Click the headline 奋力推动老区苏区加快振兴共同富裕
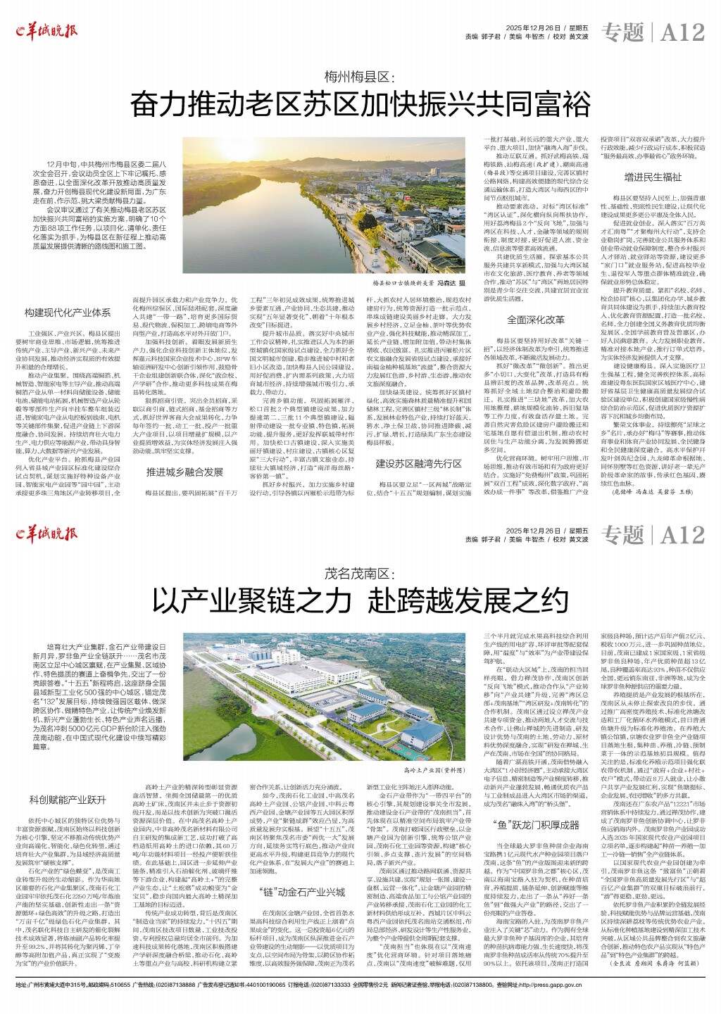[x=360, y=106]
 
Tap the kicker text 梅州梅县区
[x=360, y=75]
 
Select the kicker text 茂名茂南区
[x=360, y=573]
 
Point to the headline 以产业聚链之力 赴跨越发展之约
[x=360, y=602]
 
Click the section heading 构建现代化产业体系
[x=68, y=312]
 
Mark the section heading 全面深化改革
[x=536, y=320]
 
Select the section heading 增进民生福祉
[x=651, y=177]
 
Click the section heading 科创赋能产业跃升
[x=68, y=800]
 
